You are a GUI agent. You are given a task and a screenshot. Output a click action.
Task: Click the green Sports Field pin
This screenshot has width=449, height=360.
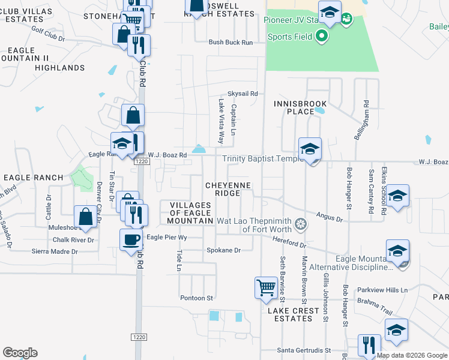(321, 37)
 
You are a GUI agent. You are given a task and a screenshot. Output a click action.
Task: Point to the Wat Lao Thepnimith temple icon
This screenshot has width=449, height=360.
(300, 225)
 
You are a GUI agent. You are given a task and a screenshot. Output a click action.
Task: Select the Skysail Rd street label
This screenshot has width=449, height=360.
(243, 94)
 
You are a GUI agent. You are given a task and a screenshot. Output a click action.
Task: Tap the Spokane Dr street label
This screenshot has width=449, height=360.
(223, 250)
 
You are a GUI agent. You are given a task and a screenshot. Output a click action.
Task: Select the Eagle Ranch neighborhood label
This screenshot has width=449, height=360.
(34, 178)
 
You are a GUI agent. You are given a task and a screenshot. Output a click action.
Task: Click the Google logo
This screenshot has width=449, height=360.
(19, 353)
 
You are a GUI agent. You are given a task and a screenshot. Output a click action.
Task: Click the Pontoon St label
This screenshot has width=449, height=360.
(197, 298)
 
